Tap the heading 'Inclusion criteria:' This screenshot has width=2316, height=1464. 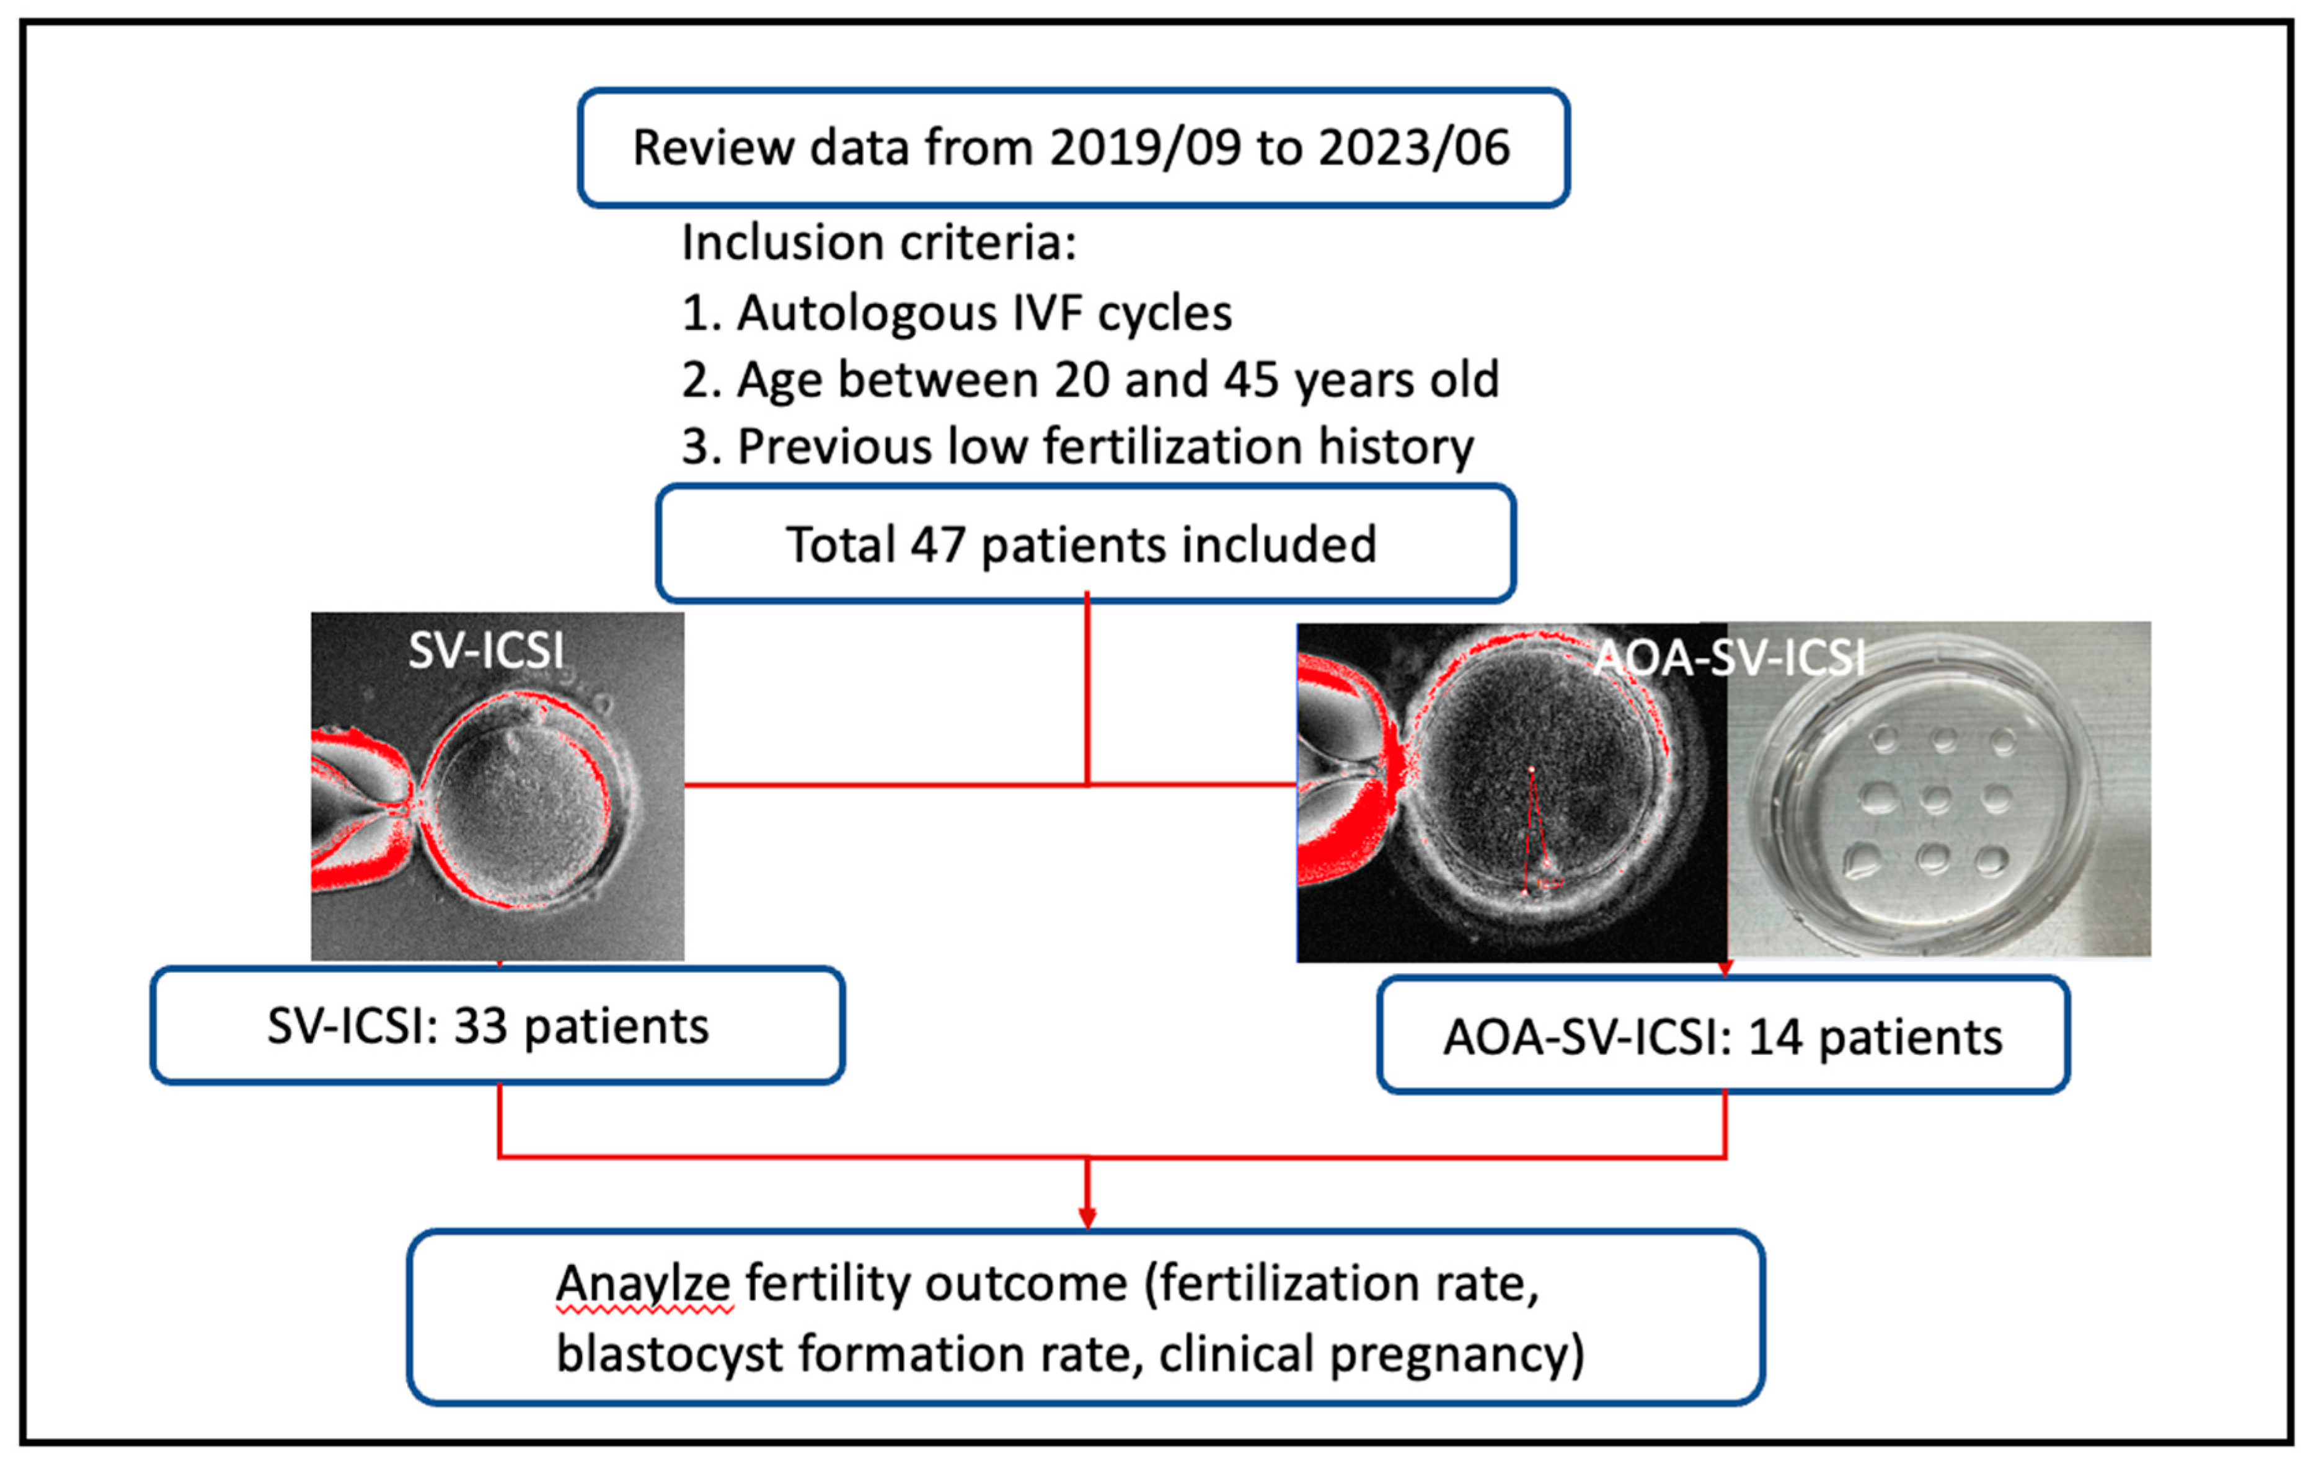[878, 242]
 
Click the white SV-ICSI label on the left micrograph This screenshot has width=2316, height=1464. [486, 651]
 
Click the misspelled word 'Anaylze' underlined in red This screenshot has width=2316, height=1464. [643, 1284]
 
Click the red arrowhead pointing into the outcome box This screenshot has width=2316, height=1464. [1087, 1218]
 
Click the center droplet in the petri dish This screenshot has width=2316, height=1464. [1934, 797]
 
